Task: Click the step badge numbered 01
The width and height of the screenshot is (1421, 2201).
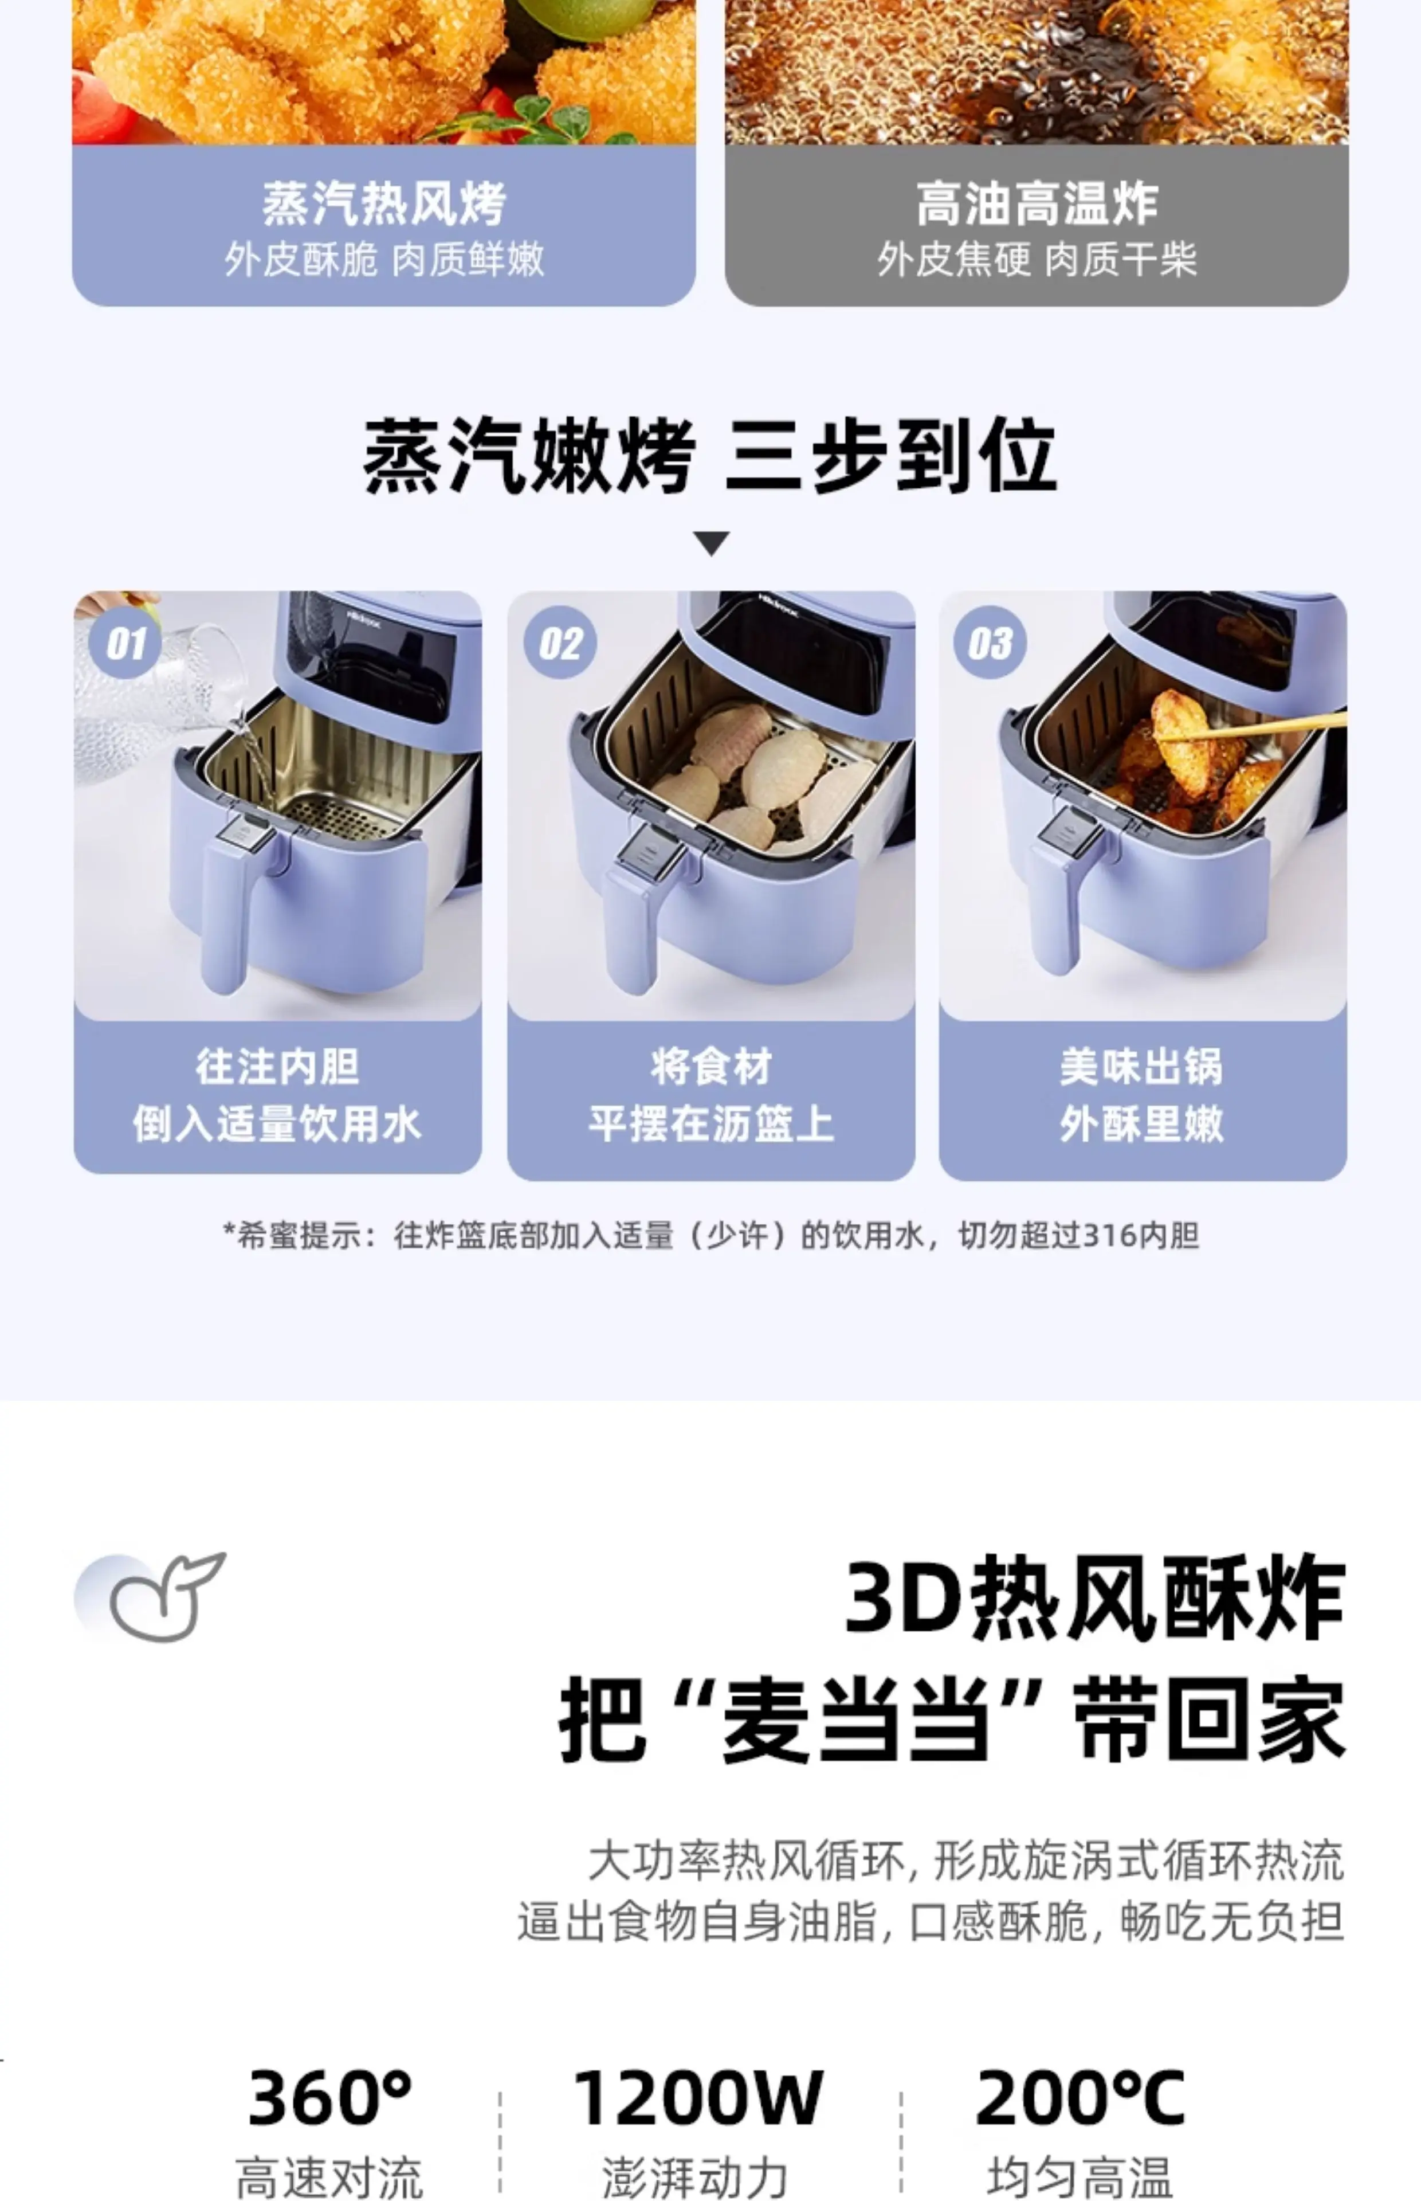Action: pyautogui.click(x=125, y=643)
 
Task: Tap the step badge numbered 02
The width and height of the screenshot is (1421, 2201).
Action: pyautogui.click(x=560, y=643)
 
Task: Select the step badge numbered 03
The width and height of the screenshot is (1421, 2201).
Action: pyautogui.click(x=990, y=643)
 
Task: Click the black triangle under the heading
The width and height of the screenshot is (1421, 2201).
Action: pyautogui.click(x=712, y=543)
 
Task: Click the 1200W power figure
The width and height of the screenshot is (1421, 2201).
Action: pyautogui.click(x=697, y=2098)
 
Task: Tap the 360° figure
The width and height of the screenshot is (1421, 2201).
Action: pyautogui.click(x=329, y=2098)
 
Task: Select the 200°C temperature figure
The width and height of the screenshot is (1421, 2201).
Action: pyautogui.click(x=1080, y=2098)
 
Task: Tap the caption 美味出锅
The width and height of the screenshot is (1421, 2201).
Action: pyautogui.click(x=1141, y=1067)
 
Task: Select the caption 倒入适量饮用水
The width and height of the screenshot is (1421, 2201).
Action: pyautogui.click(x=277, y=1124)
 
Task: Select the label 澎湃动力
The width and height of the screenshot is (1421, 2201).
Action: pyautogui.click(x=695, y=2177)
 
